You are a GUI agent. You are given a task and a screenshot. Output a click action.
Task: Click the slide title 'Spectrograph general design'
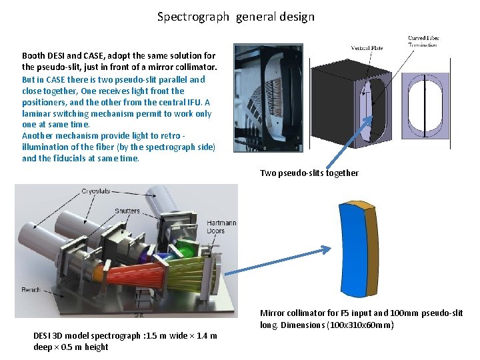[x=235, y=17]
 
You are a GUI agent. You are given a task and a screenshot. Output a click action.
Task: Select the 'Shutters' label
[x=127, y=211]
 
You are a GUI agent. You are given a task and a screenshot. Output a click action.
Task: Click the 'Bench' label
[x=31, y=290]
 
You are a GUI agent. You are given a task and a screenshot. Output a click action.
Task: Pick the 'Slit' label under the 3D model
[x=139, y=315]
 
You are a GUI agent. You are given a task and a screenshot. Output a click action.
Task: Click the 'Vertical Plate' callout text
[x=367, y=48]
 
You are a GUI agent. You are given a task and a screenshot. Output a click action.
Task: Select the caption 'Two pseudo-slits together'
[x=309, y=173]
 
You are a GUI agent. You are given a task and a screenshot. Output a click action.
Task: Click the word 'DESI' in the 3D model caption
[x=43, y=335]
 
